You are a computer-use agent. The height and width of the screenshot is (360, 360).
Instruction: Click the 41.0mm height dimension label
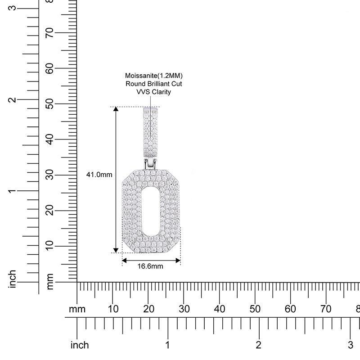pos(99,175)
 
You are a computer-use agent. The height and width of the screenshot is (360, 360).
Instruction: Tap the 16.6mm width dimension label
pos(150,266)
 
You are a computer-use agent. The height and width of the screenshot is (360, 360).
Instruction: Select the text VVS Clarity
pos(153,92)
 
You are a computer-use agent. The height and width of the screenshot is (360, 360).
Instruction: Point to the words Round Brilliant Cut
pos(153,84)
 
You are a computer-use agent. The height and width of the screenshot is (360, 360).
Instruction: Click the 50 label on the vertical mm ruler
pos(49,104)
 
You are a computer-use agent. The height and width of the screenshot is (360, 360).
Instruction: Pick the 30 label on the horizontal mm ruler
pos(184,309)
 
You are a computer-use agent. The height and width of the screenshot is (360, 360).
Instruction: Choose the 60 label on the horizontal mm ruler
pos(290,309)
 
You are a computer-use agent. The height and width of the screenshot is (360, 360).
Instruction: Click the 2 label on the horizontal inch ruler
pos(258,345)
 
